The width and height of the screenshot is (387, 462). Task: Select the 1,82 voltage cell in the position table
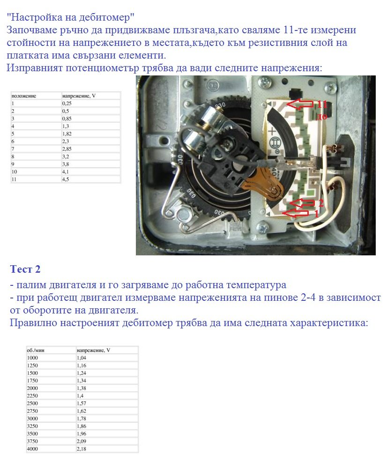click(68, 133)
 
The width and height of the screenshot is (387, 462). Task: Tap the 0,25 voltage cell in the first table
click(67, 103)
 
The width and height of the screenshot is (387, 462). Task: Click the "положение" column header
click(24, 95)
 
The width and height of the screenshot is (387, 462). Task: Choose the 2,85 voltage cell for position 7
click(68, 149)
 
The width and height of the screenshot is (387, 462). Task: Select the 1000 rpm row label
click(33, 358)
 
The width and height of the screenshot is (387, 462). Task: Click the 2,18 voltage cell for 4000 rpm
click(82, 449)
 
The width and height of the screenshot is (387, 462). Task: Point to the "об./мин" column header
click(36, 350)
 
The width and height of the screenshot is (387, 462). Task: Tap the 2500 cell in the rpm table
click(33, 403)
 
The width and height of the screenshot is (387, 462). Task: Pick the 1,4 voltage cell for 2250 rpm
click(80, 395)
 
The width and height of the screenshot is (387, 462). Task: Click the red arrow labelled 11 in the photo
click(300, 104)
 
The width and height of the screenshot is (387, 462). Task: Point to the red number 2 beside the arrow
click(321, 202)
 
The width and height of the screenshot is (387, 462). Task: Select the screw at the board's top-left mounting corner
click(266, 82)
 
